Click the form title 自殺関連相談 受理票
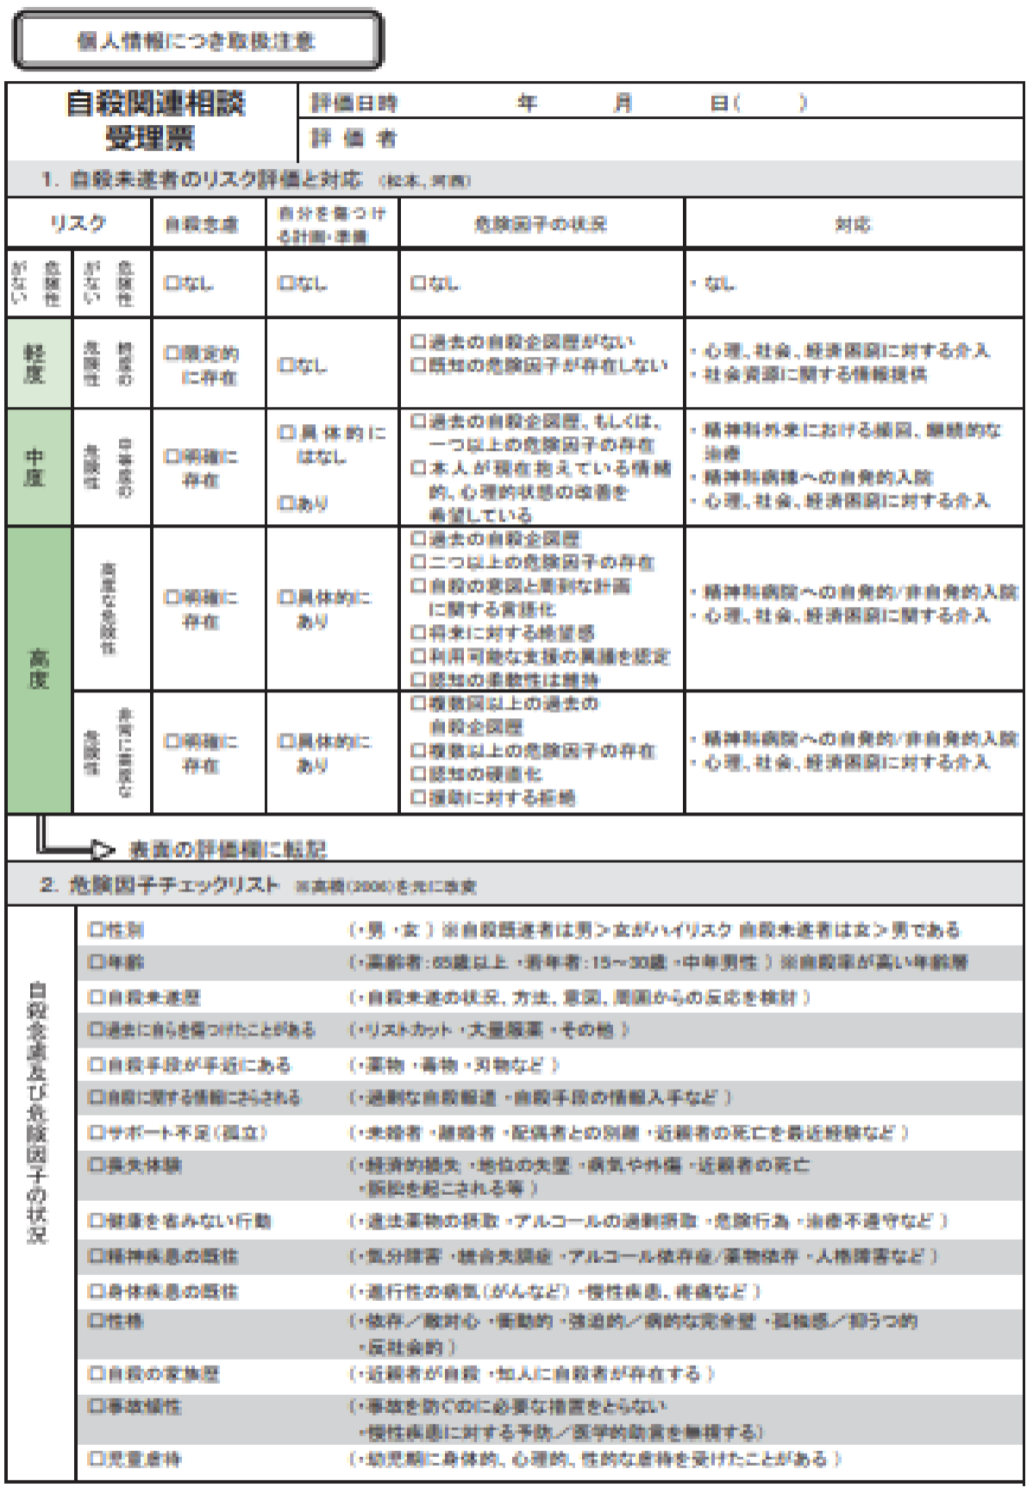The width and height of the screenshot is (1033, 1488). pyautogui.click(x=154, y=120)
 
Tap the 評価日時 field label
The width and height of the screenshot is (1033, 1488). pyautogui.click(x=354, y=103)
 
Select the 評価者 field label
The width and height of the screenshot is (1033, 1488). pyautogui.click(x=354, y=138)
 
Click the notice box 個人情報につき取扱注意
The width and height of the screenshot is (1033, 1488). pyautogui.click(x=197, y=41)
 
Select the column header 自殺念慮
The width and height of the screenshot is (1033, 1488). pyautogui.click(x=202, y=224)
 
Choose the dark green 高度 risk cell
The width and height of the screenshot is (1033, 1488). pyautogui.click(x=38, y=669)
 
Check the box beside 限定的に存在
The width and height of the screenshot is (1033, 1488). pyautogui.click(x=172, y=353)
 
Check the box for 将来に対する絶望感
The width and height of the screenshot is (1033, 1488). pyautogui.click(x=419, y=633)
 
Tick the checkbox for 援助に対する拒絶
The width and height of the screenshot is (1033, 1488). pyautogui.click(x=419, y=797)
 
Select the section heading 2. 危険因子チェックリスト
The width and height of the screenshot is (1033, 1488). pyautogui.click(x=160, y=885)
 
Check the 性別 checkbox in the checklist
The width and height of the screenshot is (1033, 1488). pyautogui.click(x=96, y=929)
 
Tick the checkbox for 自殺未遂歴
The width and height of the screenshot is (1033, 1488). pyautogui.click(x=96, y=997)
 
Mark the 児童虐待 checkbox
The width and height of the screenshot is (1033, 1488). pyautogui.click(x=96, y=1459)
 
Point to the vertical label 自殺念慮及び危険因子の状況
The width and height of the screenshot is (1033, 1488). pyautogui.click(x=38, y=1112)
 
